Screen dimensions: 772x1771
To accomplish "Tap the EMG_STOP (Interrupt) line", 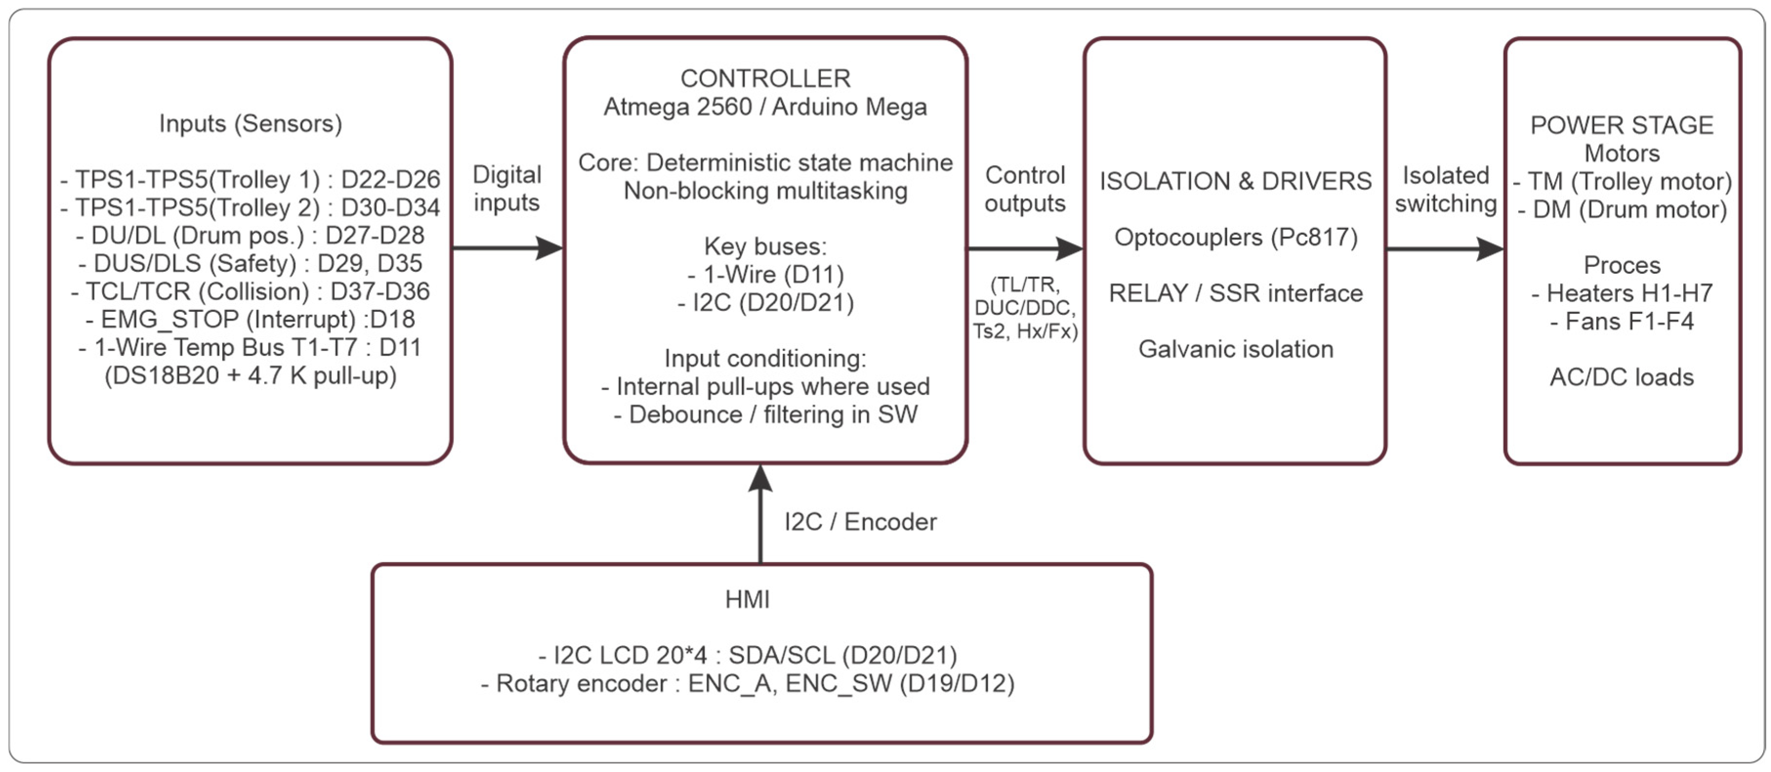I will click(x=250, y=319).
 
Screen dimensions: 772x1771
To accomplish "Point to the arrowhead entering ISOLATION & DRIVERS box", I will click(x=1069, y=248).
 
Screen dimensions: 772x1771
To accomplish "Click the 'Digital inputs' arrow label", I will click(x=507, y=188).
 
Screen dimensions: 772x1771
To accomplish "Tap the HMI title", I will click(x=747, y=599).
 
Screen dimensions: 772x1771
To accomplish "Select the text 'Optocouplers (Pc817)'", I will click(x=1236, y=237).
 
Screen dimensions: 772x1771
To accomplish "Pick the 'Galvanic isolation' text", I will click(x=1236, y=349).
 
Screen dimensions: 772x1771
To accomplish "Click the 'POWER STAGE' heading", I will click(x=1621, y=125).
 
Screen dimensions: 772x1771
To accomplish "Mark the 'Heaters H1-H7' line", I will click(x=1621, y=294).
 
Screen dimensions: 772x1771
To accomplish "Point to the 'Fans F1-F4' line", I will click(x=1621, y=321).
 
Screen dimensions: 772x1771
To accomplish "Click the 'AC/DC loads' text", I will click(x=1621, y=377).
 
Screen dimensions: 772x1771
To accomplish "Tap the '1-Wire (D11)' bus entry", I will click(x=765, y=274).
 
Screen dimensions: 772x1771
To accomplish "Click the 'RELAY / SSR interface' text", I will click(x=1236, y=294).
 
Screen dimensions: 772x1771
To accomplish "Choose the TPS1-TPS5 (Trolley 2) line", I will click(x=250, y=207).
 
